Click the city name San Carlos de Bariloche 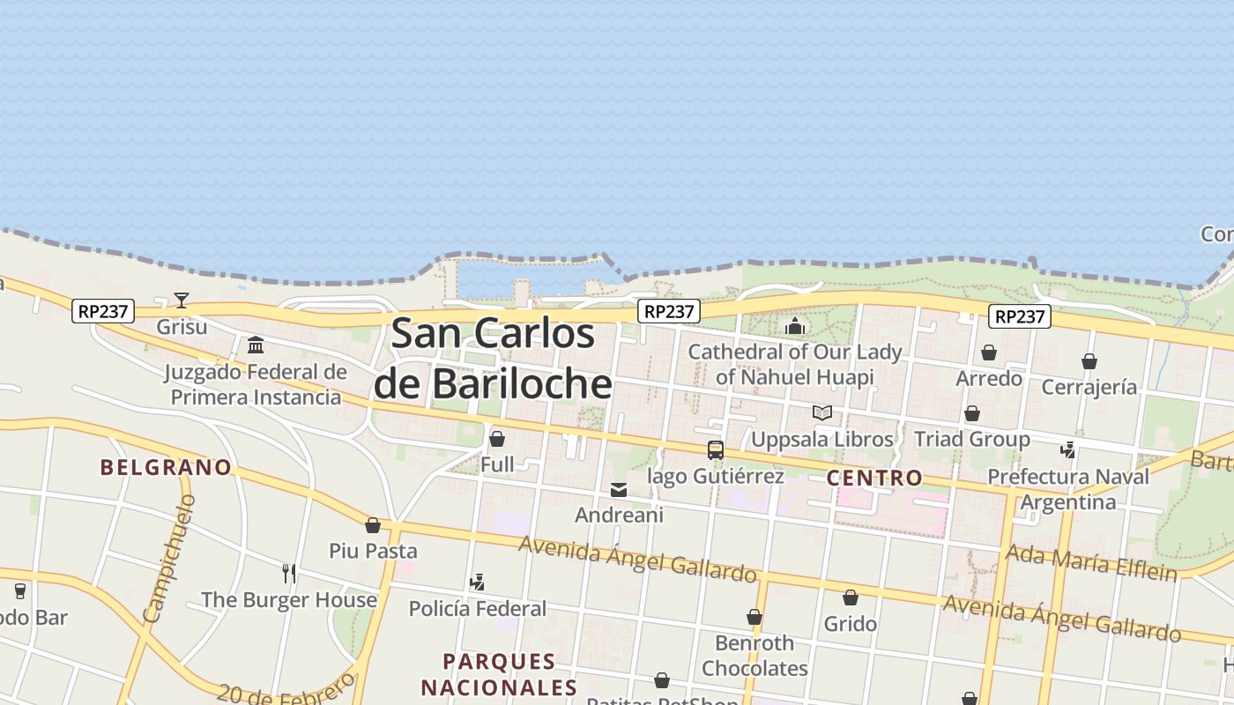pos(493,359)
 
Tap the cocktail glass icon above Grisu pos(182,301)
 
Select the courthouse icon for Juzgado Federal pos(256,345)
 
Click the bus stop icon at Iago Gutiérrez pos(716,450)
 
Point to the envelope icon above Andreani pos(619,489)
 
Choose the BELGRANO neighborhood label pos(166,467)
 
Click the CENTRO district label pos(874,479)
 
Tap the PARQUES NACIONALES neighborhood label pos(499,674)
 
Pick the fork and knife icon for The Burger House pos(289,574)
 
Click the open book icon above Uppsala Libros pos(822,412)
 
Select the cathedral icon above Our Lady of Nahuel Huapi pos(795,326)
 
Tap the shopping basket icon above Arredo pos(989,352)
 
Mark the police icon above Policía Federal pos(477,582)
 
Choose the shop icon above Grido pos(851,598)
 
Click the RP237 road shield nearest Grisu pos(103,311)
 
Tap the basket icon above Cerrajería pos(1089,361)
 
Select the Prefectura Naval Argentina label pos(1068,489)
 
